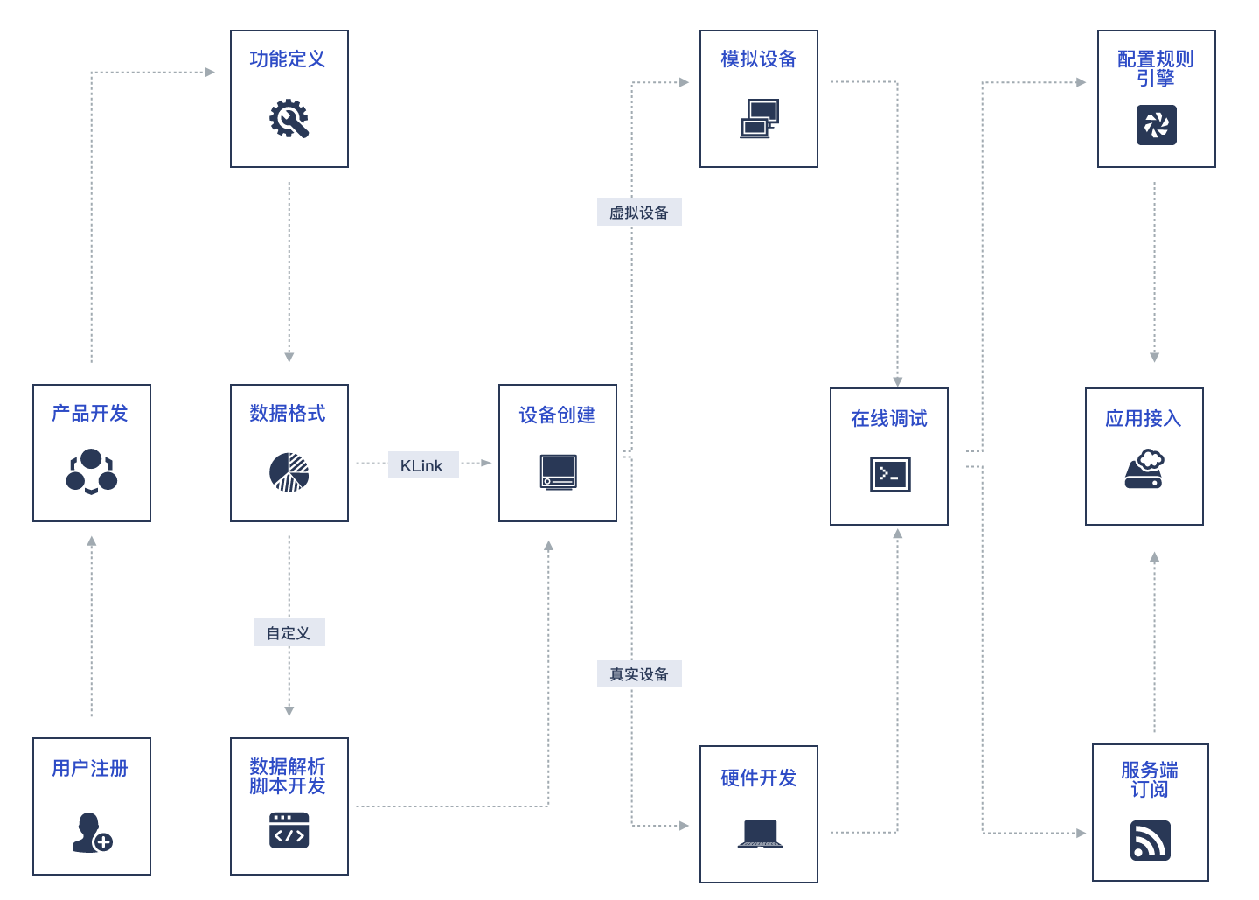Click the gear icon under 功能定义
[289, 119]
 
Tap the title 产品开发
[90, 414]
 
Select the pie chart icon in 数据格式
[289, 472]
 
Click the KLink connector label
[422, 465]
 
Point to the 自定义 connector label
[289, 633]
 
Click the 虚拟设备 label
[639, 213]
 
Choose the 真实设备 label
[639, 674]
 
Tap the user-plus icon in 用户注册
[92, 833]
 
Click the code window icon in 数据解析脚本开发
[289, 830]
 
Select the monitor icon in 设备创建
[558, 472]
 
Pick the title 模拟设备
[758, 59]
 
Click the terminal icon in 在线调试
[890, 474]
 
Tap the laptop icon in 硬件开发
[759, 834]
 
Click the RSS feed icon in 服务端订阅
[1150, 841]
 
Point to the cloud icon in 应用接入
[1144, 469]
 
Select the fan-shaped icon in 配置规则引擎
[1156, 125]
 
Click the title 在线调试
[889, 419]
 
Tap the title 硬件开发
[758, 778]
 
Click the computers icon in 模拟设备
[759, 119]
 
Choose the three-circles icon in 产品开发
[92, 471]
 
